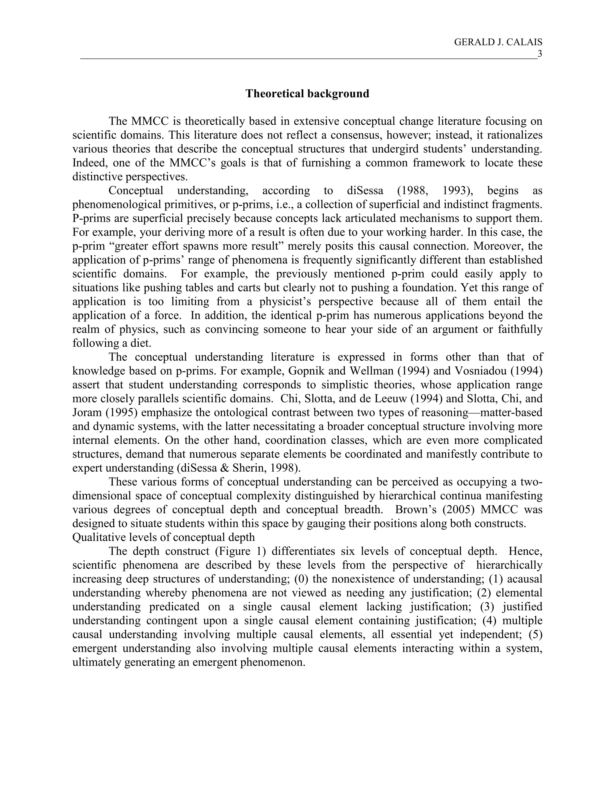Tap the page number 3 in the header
[x=540, y=54]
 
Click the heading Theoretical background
[x=307, y=94]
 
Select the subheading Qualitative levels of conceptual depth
[x=164, y=537]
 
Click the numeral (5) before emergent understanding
[x=535, y=634]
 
